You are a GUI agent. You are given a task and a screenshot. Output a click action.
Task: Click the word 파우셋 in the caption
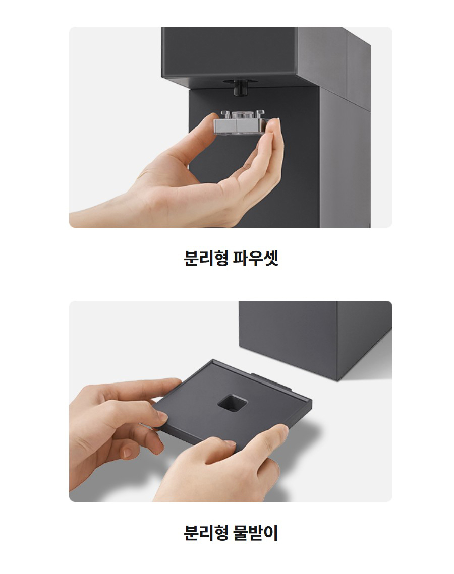click(x=256, y=258)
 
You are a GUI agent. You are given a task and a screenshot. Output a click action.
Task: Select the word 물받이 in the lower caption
click(x=256, y=533)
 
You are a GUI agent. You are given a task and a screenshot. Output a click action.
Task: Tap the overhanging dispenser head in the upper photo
click(x=266, y=55)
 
